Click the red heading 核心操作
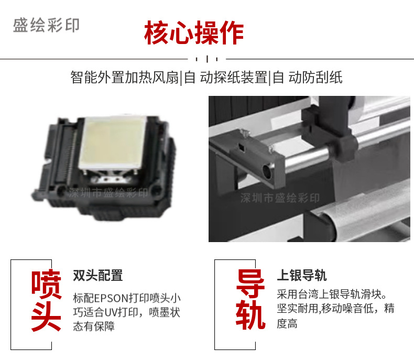click(x=194, y=32)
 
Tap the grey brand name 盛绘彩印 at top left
click(x=46, y=25)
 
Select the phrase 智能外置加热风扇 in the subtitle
click(x=125, y=78)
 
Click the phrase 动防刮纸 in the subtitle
click(x=315, y=78)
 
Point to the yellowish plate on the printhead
click(x=113, y=143)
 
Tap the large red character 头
click(x=46, y=316)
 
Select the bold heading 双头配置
click(x=98, y=275)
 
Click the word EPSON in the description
click(x=111, y=298)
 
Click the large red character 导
click(x=250, y=283)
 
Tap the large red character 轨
click(x=250, y=314)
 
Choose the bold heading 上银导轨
click(x=302, y=275)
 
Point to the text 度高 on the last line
click(x=287, y=323)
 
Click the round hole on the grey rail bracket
click(x=267, y=171)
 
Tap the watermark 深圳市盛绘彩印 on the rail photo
click(x=280, y=198)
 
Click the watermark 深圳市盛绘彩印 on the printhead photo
click(x=108, y=193)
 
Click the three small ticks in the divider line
click(x=206, y=59)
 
